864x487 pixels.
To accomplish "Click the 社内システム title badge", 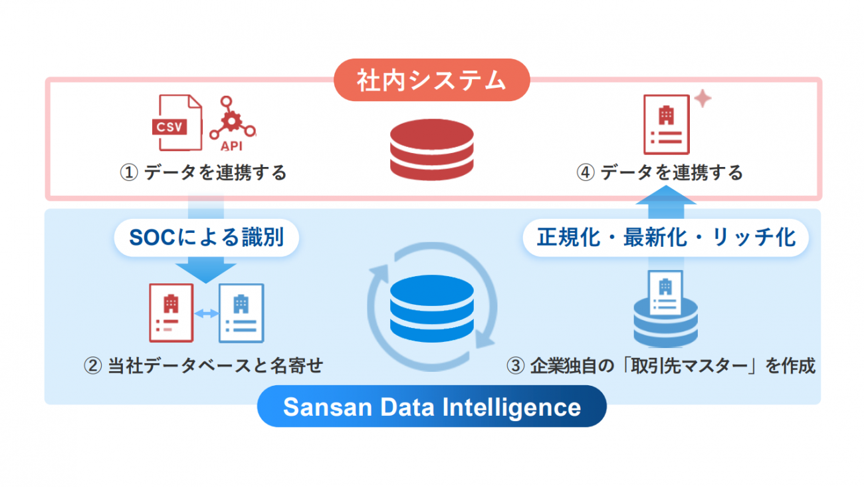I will point(431,81).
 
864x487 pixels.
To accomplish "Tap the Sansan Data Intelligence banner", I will point(431,406).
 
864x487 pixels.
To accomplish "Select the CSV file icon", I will point(177,122).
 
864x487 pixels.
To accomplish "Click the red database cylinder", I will point(431,149).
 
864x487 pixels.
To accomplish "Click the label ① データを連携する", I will point(203,173).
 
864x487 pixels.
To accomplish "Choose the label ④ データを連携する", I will point(659,173).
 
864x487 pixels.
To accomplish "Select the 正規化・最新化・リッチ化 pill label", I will point(666,238).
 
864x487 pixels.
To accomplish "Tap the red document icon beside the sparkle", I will point(666,124).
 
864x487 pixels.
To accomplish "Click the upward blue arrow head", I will point(666,194).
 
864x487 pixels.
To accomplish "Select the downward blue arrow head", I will point(206,271).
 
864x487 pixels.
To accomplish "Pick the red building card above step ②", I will point(171,313).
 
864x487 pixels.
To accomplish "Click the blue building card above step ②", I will point(241,313).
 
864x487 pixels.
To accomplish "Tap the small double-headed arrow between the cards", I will point(206,313).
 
